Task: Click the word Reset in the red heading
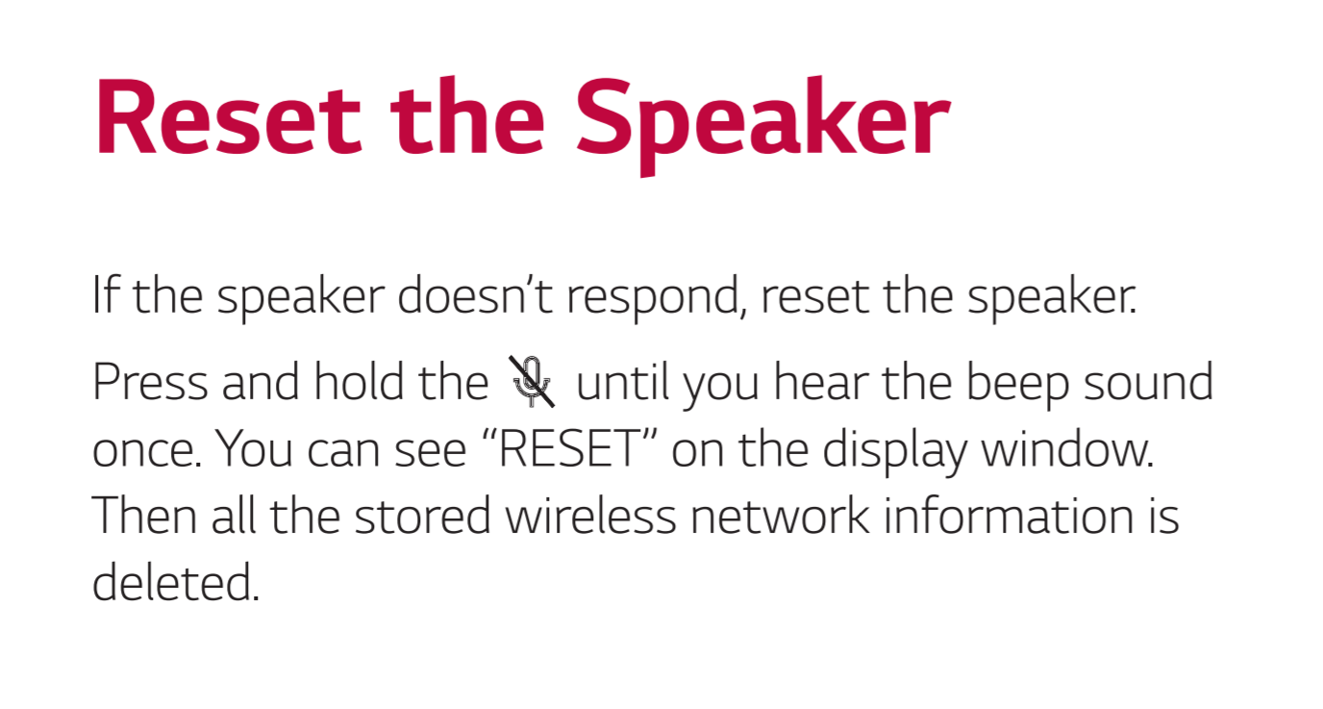coord(228,117)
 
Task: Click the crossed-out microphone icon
coord(532,382)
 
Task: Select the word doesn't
coord(475,295)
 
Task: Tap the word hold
coord(359,381)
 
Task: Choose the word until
coord(622,381)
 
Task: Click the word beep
coord(1017,385)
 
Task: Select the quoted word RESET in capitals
coord(570,448)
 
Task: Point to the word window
coord(1068,448)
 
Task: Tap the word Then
coord(144,516)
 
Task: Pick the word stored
coord(423,516)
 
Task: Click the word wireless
coord(590,516)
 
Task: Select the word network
coord(780,516)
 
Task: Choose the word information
coord(1009,516)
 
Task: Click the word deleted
coord(176,582)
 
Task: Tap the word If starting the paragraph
coord(107,294)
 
